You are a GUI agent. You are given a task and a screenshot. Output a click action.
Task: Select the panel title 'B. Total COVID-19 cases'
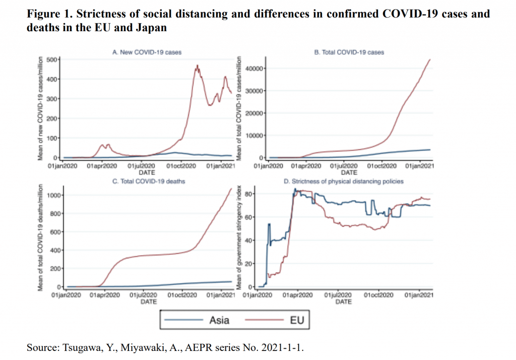pos(349,52)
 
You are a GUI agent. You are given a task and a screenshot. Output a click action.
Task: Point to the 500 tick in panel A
pos(53,60)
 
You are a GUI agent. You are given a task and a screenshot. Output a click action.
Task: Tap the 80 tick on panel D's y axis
pos(246,194)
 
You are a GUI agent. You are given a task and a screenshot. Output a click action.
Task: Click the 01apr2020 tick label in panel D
pos(298,295)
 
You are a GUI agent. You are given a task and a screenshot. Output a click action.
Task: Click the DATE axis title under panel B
pos(349,171)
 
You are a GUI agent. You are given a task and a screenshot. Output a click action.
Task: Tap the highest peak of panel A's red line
pos(198,65)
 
